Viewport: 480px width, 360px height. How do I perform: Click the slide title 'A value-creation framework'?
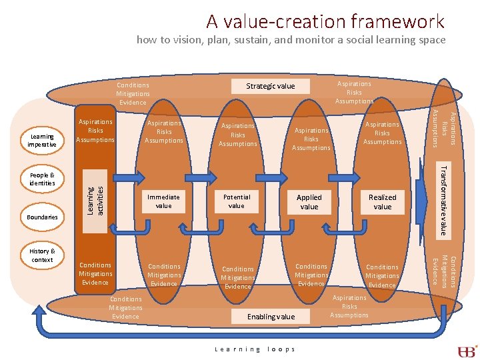point(325,21)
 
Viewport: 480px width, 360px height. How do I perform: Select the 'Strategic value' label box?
point(270,86)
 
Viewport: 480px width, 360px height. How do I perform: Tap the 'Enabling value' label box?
point(271,317)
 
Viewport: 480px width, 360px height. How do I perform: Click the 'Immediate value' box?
point(163,201)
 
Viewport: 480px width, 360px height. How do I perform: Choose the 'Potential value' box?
point(237,201)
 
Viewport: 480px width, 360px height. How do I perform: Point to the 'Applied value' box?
point(309,202)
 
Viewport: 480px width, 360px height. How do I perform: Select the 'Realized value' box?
point(382,202)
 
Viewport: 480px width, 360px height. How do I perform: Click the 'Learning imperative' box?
point(43,141)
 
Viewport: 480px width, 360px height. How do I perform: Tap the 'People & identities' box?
point(43,179)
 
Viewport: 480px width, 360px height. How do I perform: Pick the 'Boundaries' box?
point(43,217)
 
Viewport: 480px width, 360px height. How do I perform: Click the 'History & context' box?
point(43,255)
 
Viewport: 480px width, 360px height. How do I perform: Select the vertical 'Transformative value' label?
point(443,199)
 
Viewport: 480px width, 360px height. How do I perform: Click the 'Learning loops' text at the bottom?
point(255,349)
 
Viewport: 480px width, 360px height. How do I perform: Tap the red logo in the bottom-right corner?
point(467,351)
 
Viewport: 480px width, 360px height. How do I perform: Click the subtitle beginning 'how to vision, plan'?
point(291,40)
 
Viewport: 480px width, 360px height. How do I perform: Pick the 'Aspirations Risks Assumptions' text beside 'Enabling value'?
point(349,307)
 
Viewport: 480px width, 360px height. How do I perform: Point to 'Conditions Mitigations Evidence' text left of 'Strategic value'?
point(133,94)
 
